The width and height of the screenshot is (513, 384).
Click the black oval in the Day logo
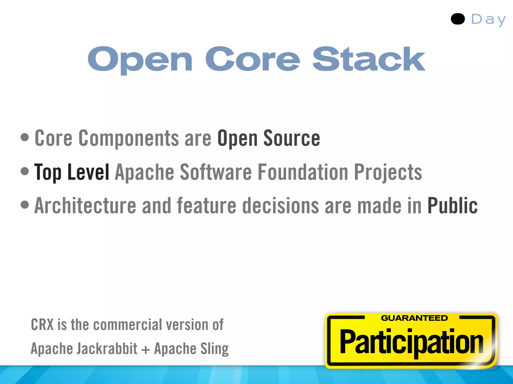(458, 19)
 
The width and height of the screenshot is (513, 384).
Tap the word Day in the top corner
(488, 19)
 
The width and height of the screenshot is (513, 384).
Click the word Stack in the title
(369, 59)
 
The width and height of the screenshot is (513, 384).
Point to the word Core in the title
(252, 59)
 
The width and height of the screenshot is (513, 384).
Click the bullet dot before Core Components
(25, 137)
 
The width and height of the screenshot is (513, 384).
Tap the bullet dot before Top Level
(25, 171)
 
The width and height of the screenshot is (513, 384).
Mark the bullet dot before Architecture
(25, 205)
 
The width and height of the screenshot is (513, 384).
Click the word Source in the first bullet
(292, 138)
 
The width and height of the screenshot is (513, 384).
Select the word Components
(129, 138)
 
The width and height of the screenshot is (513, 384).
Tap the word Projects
(388, 172)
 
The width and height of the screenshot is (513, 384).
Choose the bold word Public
(452, 206)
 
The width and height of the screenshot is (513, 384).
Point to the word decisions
(281, 206)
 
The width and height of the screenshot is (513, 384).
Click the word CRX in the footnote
(42, 325)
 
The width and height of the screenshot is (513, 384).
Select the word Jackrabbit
(107, 348)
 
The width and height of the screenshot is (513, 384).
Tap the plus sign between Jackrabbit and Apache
(146, 349)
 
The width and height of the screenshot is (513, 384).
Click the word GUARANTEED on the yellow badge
(414, 318)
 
